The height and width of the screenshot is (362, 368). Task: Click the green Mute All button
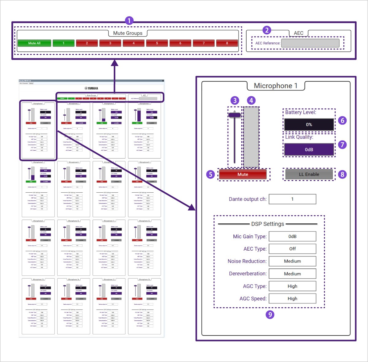point(34,43)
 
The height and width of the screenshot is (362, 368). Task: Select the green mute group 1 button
point(63,43)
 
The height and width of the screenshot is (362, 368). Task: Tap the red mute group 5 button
point(157,43)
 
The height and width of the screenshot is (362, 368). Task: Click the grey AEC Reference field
point(310,43)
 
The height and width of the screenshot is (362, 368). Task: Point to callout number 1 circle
point(129,21)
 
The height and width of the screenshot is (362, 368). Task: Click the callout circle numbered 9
point(270,314)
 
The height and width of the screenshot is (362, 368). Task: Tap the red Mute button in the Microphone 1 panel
point(243,174)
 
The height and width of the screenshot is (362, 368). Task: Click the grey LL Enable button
point(309,174)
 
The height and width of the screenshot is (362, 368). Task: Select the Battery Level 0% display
point(309,125)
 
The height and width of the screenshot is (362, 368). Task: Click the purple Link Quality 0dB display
point(309,149)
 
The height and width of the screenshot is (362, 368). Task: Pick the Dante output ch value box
point(292,199)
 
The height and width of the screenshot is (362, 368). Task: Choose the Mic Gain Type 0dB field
point(292,237)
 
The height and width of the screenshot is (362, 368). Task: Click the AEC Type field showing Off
point(292,249)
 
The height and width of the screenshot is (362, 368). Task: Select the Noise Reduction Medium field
point(292,261)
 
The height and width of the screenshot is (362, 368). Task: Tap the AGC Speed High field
point(292,298)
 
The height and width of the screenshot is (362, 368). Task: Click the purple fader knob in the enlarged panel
point(235,115)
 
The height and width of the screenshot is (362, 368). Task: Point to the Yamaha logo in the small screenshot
point(91,88)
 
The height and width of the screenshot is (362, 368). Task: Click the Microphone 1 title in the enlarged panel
point(275,86)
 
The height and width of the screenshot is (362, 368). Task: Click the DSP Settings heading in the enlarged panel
point(267,224)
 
